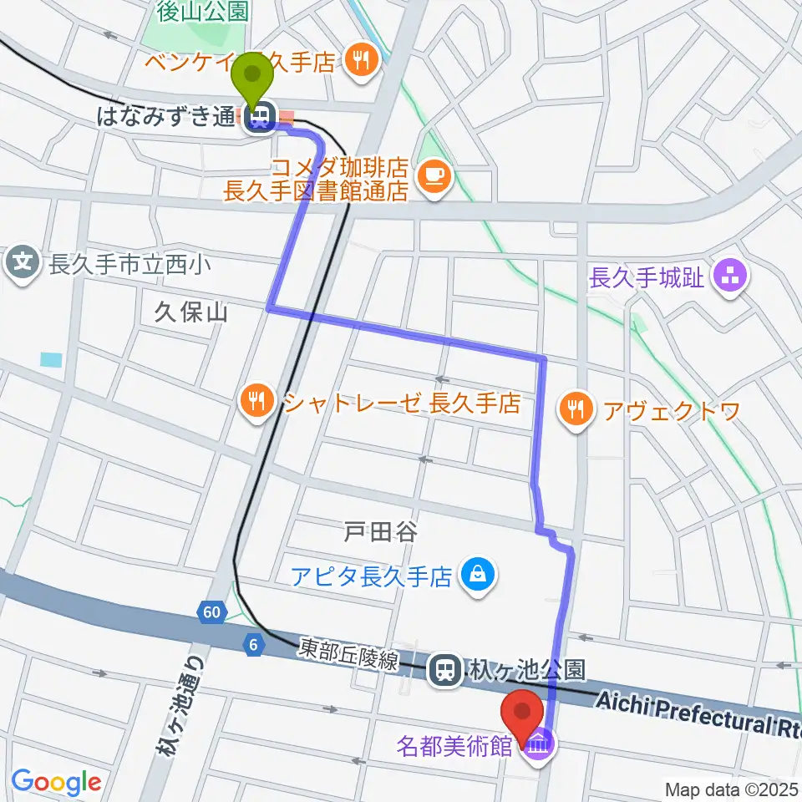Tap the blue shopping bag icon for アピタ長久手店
[477, 576]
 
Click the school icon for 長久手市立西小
[23, 265]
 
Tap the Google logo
[56, 781]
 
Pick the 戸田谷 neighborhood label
[380, 531]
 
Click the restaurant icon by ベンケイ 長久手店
[362, 59]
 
